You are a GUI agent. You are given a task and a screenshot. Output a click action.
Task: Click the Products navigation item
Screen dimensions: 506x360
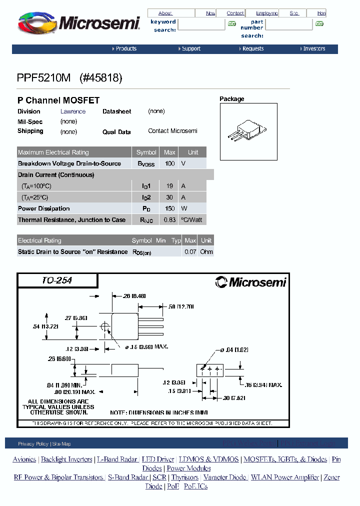[125, 49]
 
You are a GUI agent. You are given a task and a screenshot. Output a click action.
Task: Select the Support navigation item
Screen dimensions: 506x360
[190, 49]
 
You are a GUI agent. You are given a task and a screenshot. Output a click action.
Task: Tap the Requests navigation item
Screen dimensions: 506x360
[252, 49]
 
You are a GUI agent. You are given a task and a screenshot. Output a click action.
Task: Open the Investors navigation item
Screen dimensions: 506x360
[313, 49]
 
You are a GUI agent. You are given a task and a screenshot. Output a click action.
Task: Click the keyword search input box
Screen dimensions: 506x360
[201, 24]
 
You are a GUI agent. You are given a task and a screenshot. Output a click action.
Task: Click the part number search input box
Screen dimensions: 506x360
[288, 24]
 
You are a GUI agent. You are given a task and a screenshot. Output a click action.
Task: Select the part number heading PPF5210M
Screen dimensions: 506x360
[44, 78]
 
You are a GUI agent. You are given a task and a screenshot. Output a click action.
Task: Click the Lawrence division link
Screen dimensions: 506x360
[73, 111]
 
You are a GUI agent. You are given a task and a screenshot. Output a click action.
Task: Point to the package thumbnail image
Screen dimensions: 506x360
[248, 132]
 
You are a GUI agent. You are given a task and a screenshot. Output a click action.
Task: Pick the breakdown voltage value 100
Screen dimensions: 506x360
[169, 163]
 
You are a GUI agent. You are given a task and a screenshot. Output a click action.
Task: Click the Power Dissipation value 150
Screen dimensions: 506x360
[169, 208]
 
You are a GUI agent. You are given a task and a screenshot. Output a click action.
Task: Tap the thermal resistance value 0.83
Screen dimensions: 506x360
[169, 220]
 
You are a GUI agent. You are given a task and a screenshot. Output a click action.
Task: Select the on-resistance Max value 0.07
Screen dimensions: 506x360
[190, 252]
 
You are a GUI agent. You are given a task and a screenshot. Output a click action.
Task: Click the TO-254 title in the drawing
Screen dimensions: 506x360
[57, 280]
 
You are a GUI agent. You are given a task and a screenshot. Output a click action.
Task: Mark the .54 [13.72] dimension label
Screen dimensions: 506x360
[45, 326]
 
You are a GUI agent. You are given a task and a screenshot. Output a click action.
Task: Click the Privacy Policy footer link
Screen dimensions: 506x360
[33, 444]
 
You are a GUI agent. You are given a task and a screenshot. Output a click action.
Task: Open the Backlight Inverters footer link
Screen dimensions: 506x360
[66, 459]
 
